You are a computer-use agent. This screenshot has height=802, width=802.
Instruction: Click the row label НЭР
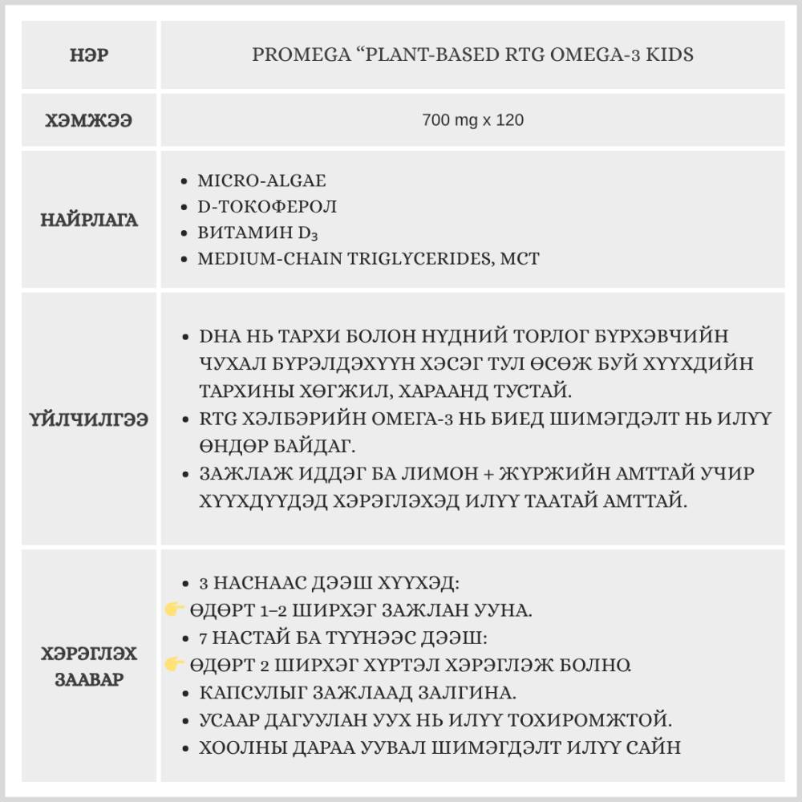click(88, 55)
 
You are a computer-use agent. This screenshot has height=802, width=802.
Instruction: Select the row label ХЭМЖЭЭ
click(88, 120)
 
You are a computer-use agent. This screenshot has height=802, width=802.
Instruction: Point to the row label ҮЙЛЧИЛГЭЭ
click(88, 419)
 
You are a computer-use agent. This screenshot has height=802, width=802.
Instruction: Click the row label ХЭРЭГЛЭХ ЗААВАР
click(88, 666)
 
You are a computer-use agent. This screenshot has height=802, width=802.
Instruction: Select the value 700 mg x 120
click(472, 120)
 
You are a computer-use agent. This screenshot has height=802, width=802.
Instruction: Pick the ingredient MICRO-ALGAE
click(261, 180)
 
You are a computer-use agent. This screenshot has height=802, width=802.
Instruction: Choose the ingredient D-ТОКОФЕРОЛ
click(267, 206)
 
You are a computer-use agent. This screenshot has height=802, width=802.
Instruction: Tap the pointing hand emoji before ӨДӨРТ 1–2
click(175, 610)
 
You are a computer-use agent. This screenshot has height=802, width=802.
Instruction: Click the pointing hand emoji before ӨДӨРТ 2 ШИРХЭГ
click(175, 664)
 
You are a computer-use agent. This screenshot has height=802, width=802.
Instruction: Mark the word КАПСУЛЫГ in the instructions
click(245, 692)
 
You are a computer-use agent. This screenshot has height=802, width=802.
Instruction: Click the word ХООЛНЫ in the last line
click(233, 747)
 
